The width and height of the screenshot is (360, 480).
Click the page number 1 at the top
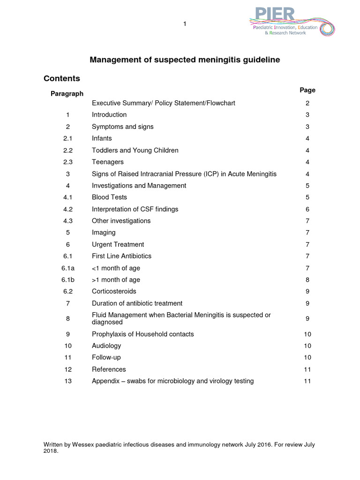point(185,24)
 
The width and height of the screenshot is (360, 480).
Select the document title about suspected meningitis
point(185,60)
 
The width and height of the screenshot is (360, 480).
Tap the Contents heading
point(62,78)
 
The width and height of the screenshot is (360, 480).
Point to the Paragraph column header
point(67,94)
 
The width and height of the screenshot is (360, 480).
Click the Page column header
point(307,90)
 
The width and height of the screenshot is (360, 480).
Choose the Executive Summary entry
point(163,103)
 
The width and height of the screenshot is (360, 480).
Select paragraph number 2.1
point(68,138)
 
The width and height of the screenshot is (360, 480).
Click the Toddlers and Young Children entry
point(135,150)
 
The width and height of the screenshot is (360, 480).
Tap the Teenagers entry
point(108,162)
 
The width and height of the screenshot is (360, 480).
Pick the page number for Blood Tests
point(307,197)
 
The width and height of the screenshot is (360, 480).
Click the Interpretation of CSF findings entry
point(135,209)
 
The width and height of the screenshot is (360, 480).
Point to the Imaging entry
point(104,232)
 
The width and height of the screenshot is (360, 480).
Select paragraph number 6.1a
point(68,268)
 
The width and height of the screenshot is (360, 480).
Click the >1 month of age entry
point(116,280)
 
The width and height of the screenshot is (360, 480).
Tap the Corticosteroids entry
point(114,292)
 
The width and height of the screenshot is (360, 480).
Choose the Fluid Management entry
point(181,319)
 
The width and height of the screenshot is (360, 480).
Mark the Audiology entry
point(106,346)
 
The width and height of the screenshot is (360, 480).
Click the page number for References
point(307,369)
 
